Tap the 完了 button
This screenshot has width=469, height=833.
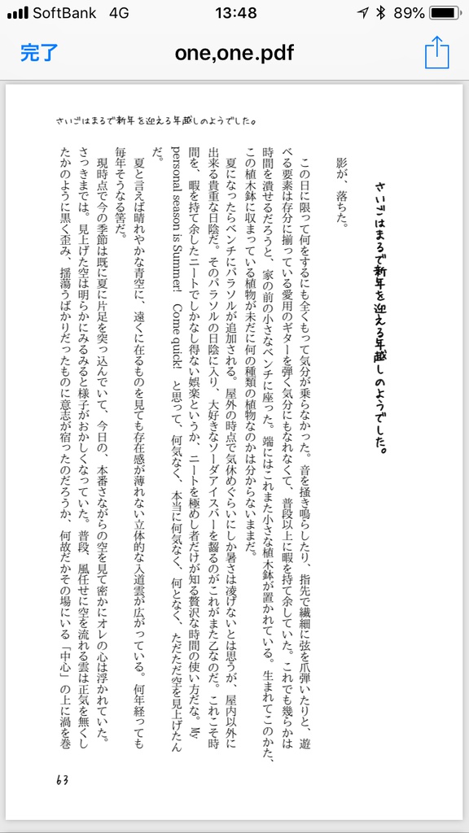point(39,54)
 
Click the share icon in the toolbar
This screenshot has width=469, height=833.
point(436,54)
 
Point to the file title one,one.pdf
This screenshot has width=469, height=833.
point(234,54)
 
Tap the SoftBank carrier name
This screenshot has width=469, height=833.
point(64,13)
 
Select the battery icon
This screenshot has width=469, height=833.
point(445,13)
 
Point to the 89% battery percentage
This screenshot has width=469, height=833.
point(407,13)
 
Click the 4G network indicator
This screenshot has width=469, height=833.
point(119,13)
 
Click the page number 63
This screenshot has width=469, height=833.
point(63,779)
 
